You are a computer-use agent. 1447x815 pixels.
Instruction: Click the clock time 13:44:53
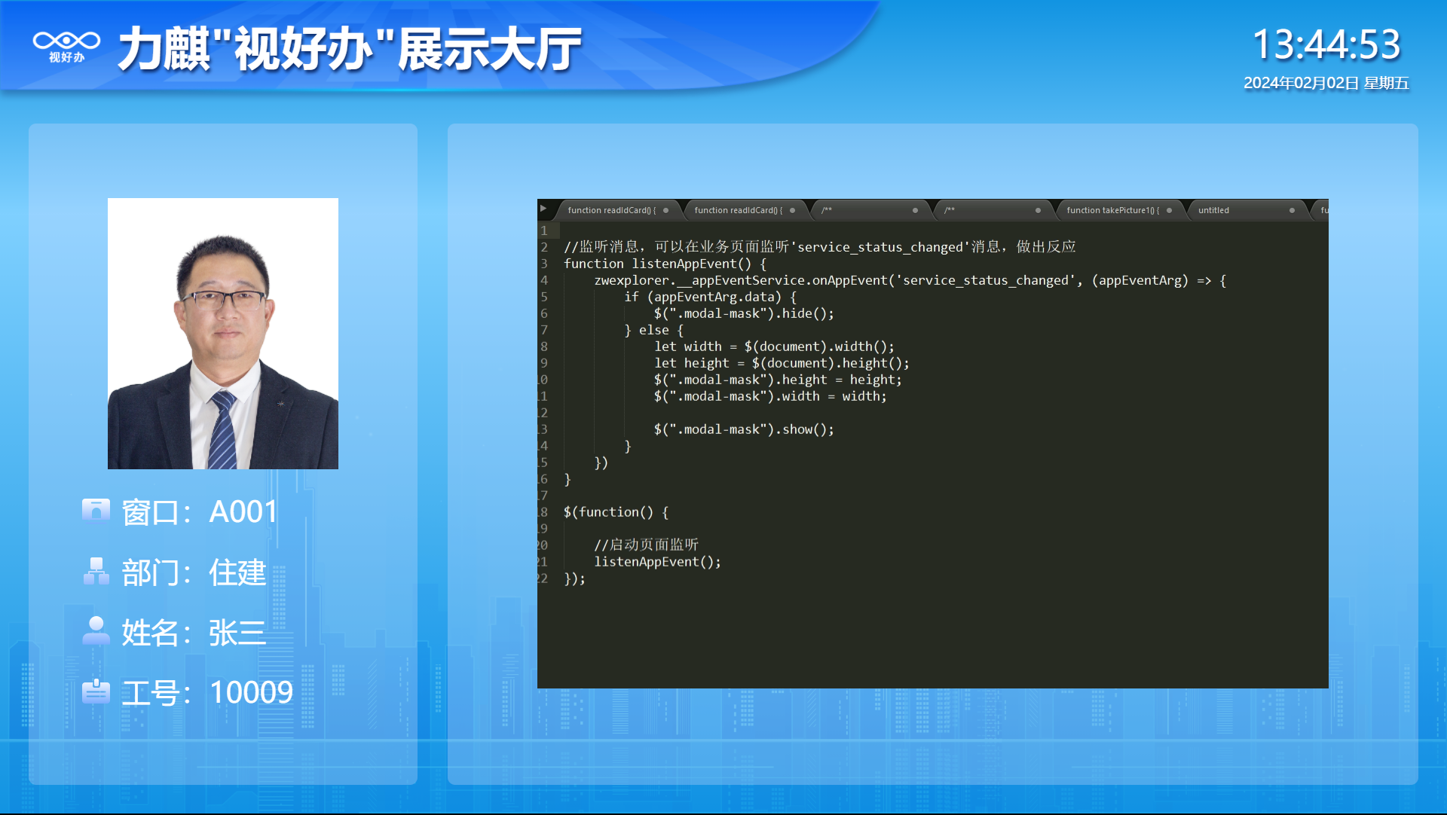point(1326,44)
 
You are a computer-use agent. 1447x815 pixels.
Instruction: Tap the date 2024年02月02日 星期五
point(1326,83)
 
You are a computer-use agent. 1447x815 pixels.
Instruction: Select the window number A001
point(243,512)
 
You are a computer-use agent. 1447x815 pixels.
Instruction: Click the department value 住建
point(237,572)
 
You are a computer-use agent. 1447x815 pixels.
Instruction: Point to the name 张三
point(237,633)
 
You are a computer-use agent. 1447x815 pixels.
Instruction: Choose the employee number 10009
point(251,693)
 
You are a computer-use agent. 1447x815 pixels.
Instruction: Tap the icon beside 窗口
point(96,510)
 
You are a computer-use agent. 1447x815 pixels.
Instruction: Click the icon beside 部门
point(96,571)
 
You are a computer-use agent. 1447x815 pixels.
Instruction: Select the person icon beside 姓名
point(96,630)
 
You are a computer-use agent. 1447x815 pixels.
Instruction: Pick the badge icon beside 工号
point(96,691)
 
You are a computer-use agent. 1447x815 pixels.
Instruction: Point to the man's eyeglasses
point(223,301)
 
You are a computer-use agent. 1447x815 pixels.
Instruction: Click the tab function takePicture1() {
point(1113,210)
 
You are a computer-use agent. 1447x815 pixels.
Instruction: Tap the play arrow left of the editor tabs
point(543,209)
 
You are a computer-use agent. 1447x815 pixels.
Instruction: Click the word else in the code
point(653,330)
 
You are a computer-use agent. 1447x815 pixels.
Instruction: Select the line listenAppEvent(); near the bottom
point(657,562)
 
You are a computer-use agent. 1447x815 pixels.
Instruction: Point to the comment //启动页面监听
point(646,545)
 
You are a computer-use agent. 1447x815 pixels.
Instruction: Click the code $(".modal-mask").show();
point(744,429)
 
